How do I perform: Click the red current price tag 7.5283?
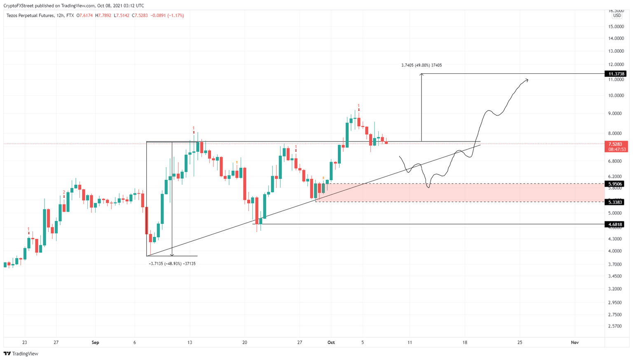(x=616, y=144)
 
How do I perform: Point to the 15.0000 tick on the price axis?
(x=616, y=26)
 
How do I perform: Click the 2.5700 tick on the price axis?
(x=616, y=326)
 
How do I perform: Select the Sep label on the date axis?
(x=95, y=342)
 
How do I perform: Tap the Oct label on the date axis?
(x=331, y=342)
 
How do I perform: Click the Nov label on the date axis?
(x=574, y=342)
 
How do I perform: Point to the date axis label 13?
(x=190, y=342)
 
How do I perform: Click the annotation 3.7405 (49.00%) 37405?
(x=421, y=65)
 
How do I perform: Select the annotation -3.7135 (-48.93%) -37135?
(x=172, y=264)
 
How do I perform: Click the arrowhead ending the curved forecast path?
(x=527, y=80)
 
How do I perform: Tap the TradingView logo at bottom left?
(x=21, y=353)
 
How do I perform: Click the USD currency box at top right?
(x=617, y=16)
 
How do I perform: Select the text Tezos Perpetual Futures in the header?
(x=30, y=16)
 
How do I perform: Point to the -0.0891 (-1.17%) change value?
(x=167, y=16)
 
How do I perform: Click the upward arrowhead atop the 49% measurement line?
(x=421, y=75)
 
